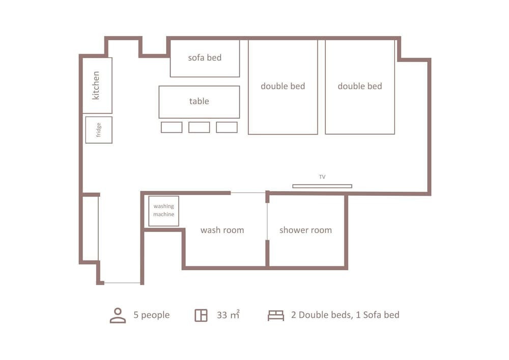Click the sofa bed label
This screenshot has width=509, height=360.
pyautogui.click(x=205, y=58)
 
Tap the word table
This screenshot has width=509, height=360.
pyautogui.click(x=199, y=101)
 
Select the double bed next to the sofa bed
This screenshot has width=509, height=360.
pyautogui.click(x=282, y=87)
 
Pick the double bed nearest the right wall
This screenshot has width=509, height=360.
pyautogui.click(x=360, y=87)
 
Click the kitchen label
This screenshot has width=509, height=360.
pyautogui.click(x=96, y=86)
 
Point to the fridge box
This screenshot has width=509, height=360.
pyautogui.click(x=99, y=130)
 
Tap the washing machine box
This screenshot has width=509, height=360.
pyautogui.click(x=163, y=211)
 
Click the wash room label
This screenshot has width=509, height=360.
pyautogui.click(x=222, y=230)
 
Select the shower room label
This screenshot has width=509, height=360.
pyautogui.click(x=305, y=230)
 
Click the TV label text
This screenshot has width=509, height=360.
pyautogui.click(x=322, y=177)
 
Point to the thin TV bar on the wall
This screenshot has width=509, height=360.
pyautogui.click(x=322, y=186)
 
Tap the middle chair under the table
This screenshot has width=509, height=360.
pyautogui.click(x=199, y=127)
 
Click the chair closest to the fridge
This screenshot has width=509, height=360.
pyautogui.click(x=172, y=127)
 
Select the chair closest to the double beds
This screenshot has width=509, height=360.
pyautogui.click(x=227, y=127)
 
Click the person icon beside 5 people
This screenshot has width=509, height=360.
pyautogui.click(x=118, y=316)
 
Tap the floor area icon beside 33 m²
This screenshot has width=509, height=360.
pyautogui.click(x=201, y=316)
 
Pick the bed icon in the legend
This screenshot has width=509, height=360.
pyautogui.click(x=276, y=316)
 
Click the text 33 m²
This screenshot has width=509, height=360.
pyautogui.click(x=228, y=315)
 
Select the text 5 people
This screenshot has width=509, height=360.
pyautogui.click(x=152, y=315)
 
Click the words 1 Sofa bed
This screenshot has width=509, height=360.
pyautogui.click(x=378, y=315)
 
